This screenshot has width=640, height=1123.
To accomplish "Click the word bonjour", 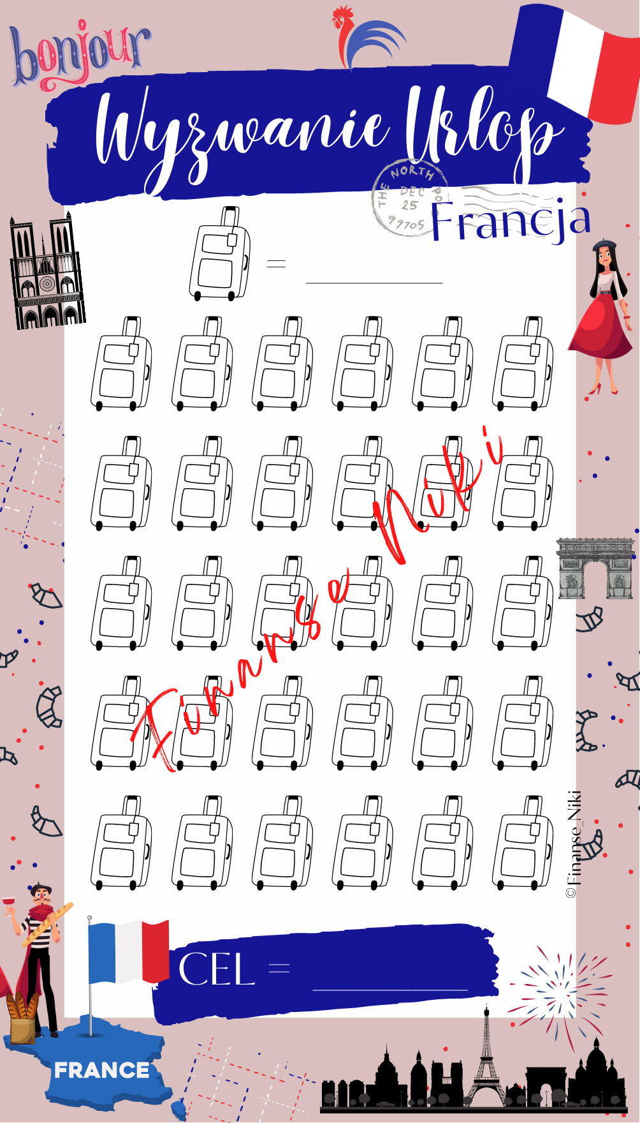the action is click(x=80, y=56).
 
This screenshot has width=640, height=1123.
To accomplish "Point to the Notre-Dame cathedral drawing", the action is click(x=47, y=271).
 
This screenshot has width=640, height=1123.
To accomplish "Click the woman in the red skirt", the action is click(x=602, y=316).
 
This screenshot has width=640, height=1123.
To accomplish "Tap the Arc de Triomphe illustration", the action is click(x=597, y=568).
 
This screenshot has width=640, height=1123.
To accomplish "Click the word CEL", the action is click(x=217, y=969).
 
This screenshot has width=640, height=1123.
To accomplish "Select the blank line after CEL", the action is click(x=390, y=990).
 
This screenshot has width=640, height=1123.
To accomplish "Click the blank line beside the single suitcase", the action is click(x=374, y=281).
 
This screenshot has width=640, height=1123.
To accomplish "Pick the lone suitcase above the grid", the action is click(x=219, y=253).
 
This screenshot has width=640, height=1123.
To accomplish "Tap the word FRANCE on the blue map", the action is click(x=102, y=1070).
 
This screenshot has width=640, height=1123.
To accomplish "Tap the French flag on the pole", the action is click(x=128, y=951).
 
